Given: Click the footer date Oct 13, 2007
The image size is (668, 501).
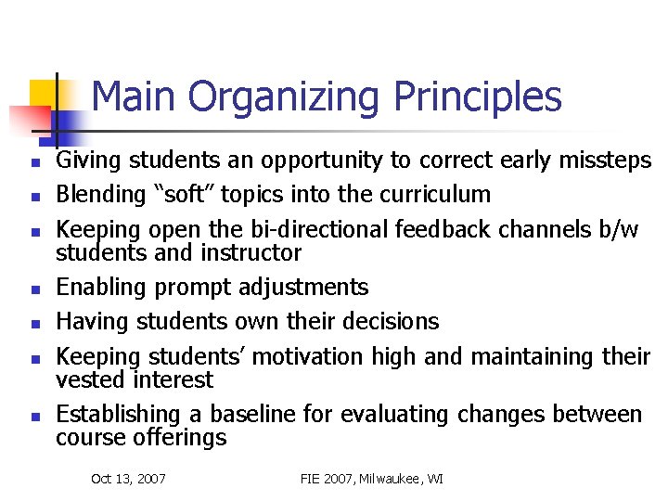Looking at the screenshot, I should click(x=128, y=479).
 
